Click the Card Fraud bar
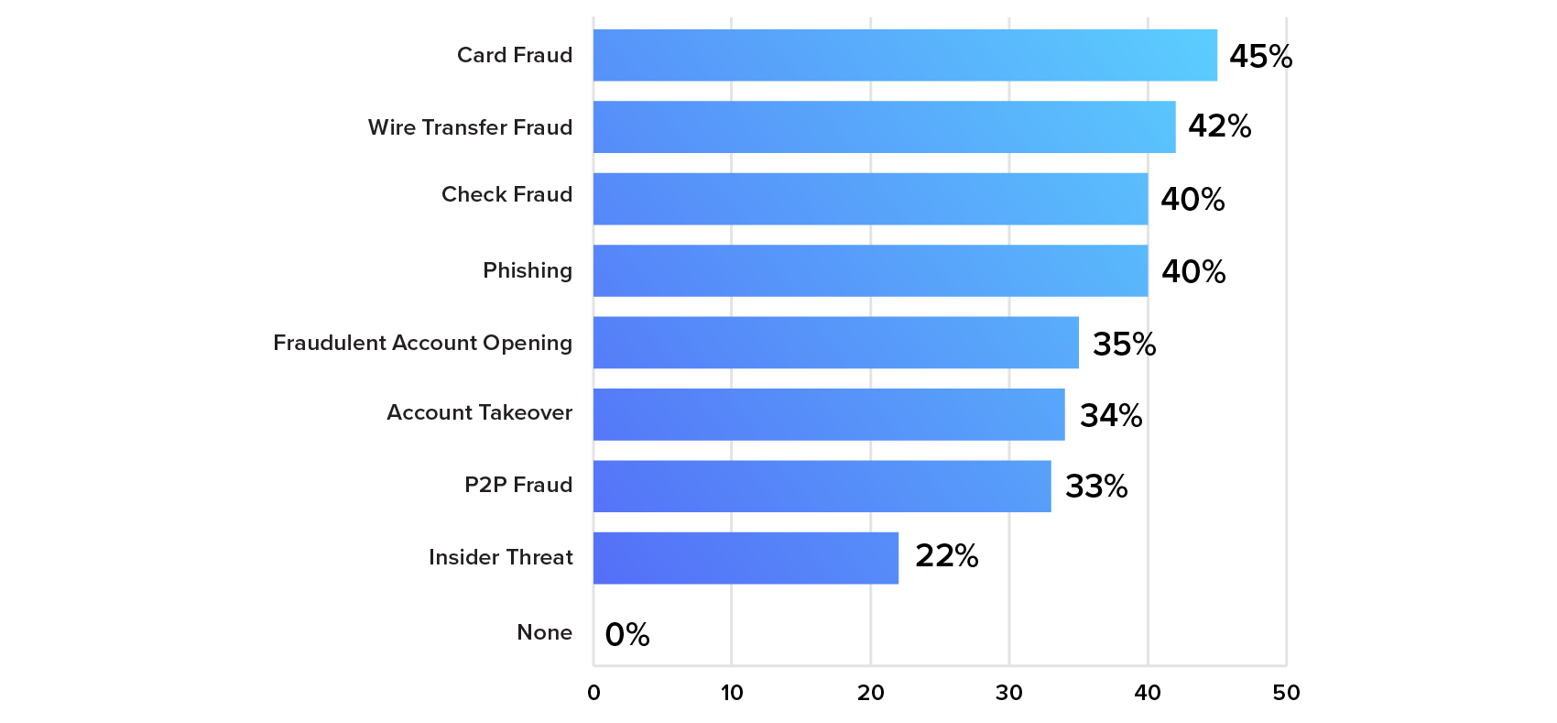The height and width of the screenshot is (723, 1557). pos(905,55)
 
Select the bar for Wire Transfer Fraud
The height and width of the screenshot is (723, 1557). pos(884,126)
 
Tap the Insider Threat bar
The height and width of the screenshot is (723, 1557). pos(746,557)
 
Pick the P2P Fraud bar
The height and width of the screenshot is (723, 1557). pos(822,486)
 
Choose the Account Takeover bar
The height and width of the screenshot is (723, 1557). pos(829,414)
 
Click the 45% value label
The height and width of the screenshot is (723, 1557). pos(1260,57)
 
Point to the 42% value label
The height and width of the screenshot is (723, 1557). pos(1219,126)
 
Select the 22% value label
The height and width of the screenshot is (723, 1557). pos(946,556)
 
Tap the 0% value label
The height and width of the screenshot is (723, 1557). pos(627,634)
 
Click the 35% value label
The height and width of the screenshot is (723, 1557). pos(1124,345)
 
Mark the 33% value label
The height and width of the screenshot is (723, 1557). pos(1095,487)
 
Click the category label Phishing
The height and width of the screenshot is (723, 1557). pos(528,270)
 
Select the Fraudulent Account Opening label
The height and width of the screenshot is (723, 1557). pos(422,343)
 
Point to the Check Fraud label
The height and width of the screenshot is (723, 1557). pos(506,194)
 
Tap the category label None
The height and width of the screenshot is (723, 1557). pos(544,632)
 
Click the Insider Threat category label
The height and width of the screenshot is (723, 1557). pos(501,557)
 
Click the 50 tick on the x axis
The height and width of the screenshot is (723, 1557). pos(1286,693)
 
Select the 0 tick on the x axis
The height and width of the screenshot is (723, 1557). pos(593,693)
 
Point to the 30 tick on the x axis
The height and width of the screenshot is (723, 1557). pos(1008,693)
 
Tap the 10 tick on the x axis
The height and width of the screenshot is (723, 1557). pos(731,693)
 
